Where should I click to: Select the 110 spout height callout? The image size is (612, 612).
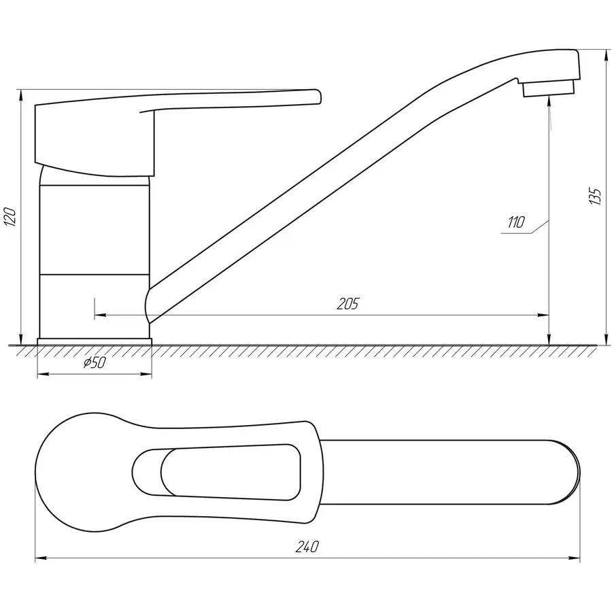click(515, 222)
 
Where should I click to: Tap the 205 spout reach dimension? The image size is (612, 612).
click(347, 303)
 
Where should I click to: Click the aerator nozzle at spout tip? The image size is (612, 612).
click(549, 89)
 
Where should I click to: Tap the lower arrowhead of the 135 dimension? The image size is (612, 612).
click(605, 340)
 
